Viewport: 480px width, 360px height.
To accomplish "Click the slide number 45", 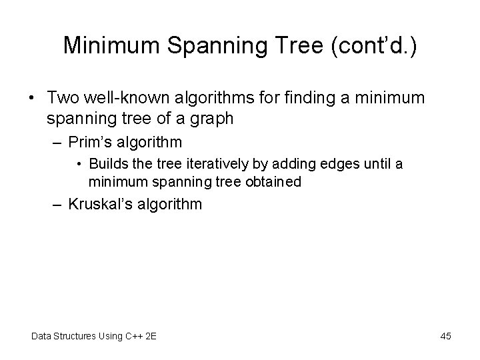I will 445,336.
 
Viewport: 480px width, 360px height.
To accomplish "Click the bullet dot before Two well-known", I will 33,97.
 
